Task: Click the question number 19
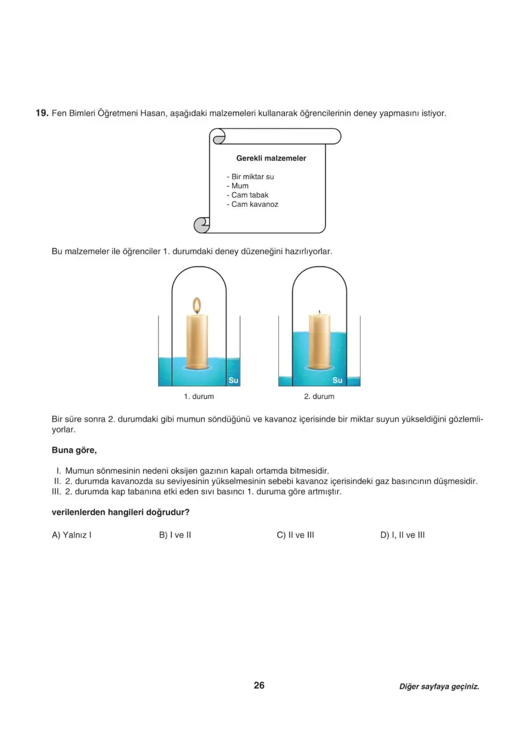pyautogui.click(x=41, y=113)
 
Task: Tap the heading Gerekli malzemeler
pyautogui.click(x=271, y=158)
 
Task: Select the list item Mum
pyautogui.click(x=240, y=186)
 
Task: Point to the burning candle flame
pyautogui.click(x=196, y=306)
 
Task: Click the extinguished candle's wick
pyautogui.click(x=319, y=312)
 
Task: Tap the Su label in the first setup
pyautogui.click(x=234, y=380)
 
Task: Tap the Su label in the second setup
pyautogui.click(x=337, y=380)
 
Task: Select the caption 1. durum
pyautogui.click(x=199, y=397)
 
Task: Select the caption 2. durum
pyautogui.click(x=319, y=397)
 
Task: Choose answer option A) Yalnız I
pyautogui.click(x=72, y=535)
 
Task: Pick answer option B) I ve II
pyautogui.click(x=175, y=535)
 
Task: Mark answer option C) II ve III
pyautogui.click(x=296, y=535)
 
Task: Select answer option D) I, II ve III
pyautogui.click(x=403, y=535)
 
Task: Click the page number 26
pyautogui.click(x=259, y=685)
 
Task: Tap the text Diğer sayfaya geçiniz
pyautogui.click(x=439, y=686)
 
